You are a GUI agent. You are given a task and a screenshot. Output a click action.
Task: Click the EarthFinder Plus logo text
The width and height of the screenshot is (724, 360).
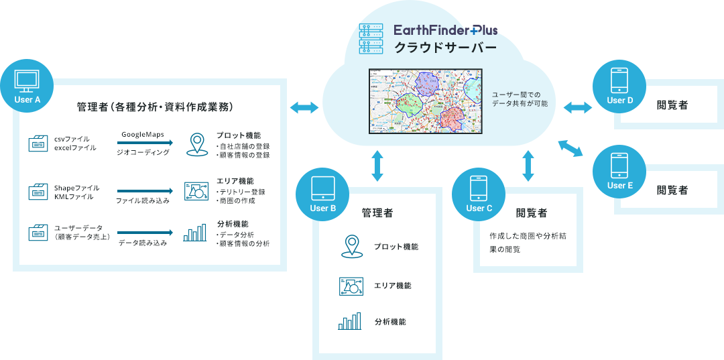click(445, 30)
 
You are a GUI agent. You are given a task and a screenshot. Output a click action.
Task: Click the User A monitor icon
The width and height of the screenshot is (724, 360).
click(27, 80)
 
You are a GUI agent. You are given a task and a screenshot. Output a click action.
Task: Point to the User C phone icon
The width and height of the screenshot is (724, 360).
click(479, 188)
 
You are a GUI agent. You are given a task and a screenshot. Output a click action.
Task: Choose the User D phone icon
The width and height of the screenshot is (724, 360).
click(619, 80)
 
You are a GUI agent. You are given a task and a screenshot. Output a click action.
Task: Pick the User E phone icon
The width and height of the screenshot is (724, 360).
click(619, 166)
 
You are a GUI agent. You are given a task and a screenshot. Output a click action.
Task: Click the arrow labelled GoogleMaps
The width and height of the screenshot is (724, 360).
click(145, 143)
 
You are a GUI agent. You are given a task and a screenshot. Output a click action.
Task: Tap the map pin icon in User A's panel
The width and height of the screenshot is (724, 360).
click(196, 145)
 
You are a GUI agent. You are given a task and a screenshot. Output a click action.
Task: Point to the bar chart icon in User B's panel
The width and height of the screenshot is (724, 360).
click(350, 322)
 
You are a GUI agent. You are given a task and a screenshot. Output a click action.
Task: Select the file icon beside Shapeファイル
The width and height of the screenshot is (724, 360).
click(38, 192)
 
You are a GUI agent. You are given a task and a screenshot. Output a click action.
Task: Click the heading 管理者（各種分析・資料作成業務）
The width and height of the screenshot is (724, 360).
click(154, 107)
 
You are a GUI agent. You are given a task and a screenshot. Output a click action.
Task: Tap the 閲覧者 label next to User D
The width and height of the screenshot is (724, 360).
click(672, 105)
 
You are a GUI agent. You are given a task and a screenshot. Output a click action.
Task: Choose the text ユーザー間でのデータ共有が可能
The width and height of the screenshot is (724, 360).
click(520, 99)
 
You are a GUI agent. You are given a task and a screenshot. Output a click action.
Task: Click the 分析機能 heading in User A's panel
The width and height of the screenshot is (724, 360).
click(233, 223)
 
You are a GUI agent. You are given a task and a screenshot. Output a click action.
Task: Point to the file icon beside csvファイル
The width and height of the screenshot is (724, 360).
click(38, 143)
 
